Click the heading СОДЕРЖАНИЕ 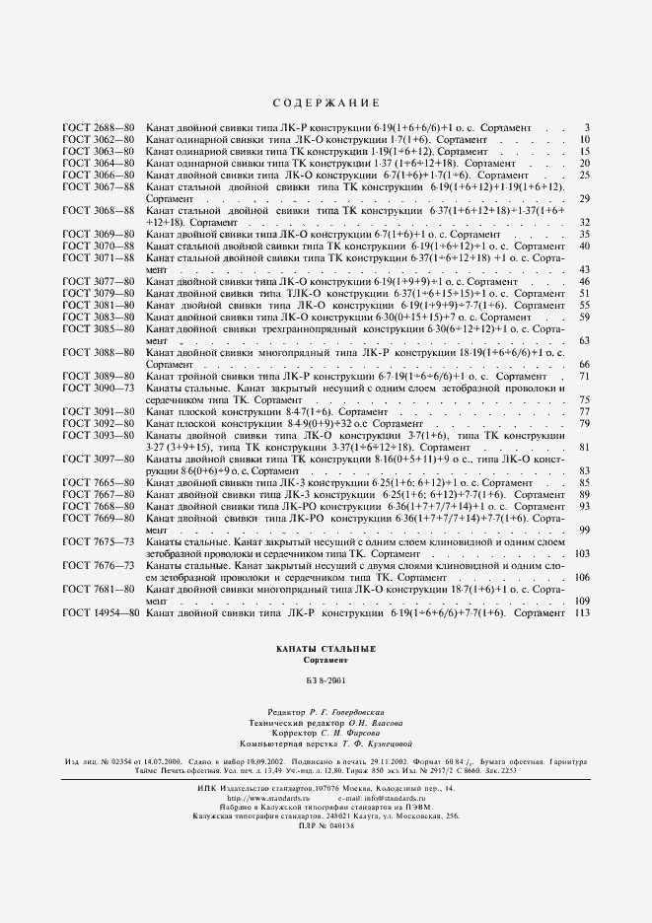pyautogui.click(x=325, y=104)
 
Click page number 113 pyautogui.click(x=581, y=613)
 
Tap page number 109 pyautogui.click(x=581, y=602)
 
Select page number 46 pyautogui.click(x=584, y=282)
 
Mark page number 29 pyautogui.click(x=584, y=199)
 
